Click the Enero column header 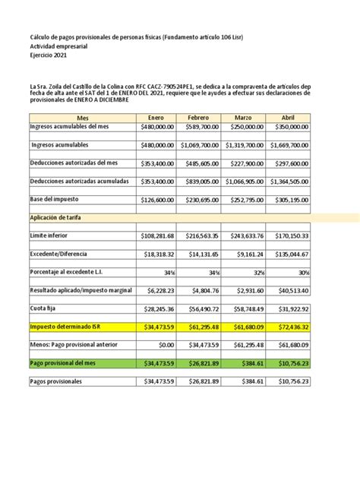[156, 118]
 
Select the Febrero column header [200, 118]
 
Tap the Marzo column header [244, 118]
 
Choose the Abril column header [288, 118]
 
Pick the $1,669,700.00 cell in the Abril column [288, 145]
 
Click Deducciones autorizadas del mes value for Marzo [244, 163]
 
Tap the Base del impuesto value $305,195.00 [288, 200]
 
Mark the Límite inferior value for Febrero [200, 236]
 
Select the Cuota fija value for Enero [156, 309]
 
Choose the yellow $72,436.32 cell [288, 327]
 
